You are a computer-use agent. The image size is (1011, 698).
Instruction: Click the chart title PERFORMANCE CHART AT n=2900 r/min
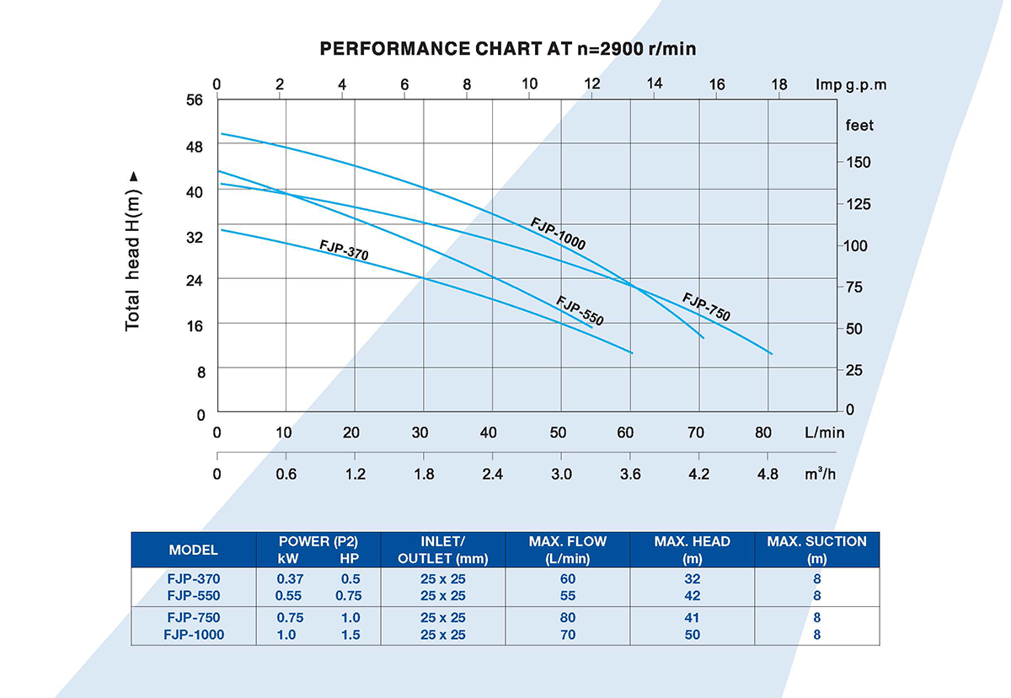point(508,48)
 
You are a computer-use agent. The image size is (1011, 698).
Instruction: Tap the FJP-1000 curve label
point(558,234)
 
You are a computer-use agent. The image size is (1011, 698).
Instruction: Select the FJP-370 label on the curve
point(344,250)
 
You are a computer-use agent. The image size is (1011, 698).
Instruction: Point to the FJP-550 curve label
point(580,310)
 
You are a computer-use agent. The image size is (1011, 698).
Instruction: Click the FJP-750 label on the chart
point(706,307)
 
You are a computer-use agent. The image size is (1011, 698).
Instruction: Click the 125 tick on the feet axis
point(859,204)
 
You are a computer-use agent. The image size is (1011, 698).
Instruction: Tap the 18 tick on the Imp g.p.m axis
point(778,84)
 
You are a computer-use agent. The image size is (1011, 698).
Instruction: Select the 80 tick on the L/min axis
point(763,432)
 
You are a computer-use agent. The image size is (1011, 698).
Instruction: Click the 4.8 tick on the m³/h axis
point(768,474)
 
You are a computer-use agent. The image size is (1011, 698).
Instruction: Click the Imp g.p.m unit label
point(851,85)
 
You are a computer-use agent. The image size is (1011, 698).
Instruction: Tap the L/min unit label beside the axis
point(823,432)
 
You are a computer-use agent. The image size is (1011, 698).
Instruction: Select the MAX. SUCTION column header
point(816,550)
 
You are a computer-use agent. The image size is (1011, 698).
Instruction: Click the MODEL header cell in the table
point(194,550)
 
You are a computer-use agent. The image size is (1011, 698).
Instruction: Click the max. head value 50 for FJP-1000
point(692,634)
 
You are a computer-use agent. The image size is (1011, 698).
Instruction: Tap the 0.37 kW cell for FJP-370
point(290,579)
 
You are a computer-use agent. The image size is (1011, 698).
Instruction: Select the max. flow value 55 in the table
point(567,595)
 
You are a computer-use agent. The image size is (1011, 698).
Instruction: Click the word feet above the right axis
point(859,126)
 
